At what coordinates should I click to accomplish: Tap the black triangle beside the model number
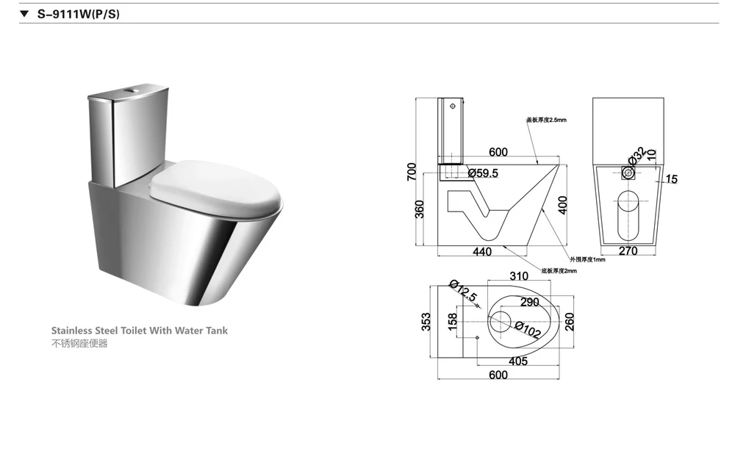(x=24, y=13)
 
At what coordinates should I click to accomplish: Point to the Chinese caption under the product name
(x=79, y=344)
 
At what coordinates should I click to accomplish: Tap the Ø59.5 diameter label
(x=482, y=173)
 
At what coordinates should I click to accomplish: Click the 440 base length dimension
(x=482, y=252)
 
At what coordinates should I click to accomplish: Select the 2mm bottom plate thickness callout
(x=559, y=271)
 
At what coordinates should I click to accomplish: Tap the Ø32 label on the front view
(x=637, y=154)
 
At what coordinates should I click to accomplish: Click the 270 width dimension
(x=628, y=251)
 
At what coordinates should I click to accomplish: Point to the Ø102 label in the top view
(x=527, y=331)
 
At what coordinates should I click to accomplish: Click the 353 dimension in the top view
(x=426, y=320)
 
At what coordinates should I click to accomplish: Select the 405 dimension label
(x=518, y=361)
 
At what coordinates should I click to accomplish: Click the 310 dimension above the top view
(x=520, y=276)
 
